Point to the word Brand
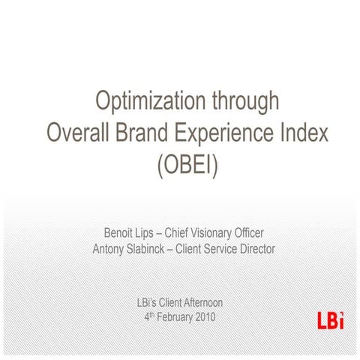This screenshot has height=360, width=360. click(x=145, y=133)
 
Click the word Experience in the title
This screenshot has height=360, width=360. click(x=229, y=133)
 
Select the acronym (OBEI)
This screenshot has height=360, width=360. click(x=186, y=164)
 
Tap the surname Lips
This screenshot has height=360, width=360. click(x=149, y=232)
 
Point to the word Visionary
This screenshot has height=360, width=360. click(x=218, y=232)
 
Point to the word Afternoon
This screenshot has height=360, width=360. click(x=200, y=302)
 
